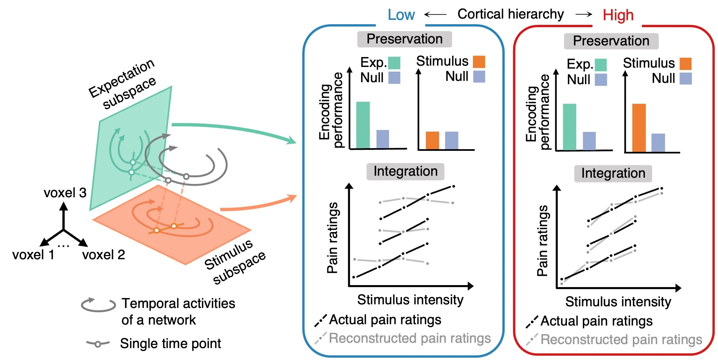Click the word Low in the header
401,15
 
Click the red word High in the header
618,15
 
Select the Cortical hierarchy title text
510,14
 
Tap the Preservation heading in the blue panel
404,39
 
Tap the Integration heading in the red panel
613,173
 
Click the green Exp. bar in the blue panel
363,125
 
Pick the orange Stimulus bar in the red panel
639,128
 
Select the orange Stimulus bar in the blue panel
432,140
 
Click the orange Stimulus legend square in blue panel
479,62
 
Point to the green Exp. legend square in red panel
601,65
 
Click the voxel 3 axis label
65,193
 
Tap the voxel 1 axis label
33,255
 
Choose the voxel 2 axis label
104,255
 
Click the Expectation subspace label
123,85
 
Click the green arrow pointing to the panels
232,129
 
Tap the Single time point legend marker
98,344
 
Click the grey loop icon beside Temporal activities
98,305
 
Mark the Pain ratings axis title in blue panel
332,237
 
